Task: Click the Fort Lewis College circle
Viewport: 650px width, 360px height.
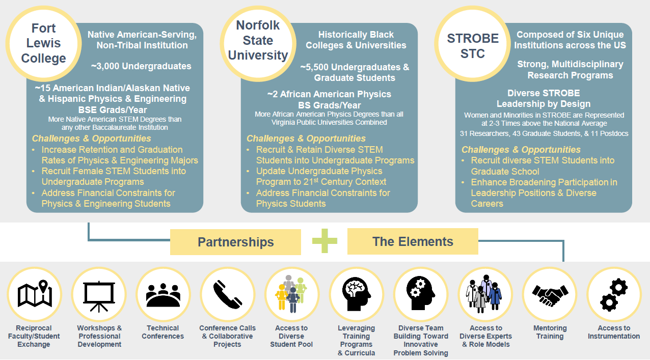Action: click(x=44, y=44)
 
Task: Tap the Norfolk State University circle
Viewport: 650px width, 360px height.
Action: click(x=258, y=41)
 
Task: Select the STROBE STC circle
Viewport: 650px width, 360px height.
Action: click(x=472, y=46)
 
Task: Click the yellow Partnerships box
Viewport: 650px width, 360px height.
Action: click(x=235, y=242)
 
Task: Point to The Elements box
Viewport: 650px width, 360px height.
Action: click(x=413, y=241)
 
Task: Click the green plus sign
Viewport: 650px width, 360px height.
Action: click(x=324, y=241)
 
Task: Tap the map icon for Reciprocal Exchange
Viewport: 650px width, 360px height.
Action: click(x=34, y=294)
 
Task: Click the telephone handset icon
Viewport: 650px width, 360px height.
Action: click(x=228, y=294)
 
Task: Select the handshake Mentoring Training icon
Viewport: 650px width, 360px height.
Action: click(x=550, y=294)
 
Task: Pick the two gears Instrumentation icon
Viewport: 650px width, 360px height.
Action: click(x=614, y=294)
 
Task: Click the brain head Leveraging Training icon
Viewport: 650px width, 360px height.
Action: click(x=357, y=294)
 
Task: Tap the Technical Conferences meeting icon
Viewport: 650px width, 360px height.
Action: click(x=163, y=294)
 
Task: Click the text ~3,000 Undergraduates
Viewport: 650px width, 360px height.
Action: click(x=142, y=66)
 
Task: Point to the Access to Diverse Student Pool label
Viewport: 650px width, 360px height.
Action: click(x=291, y=336)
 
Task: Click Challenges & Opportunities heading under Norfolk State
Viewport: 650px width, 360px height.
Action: click(x=306, y=139)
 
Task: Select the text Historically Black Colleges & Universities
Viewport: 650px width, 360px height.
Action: click(x=356, y=40)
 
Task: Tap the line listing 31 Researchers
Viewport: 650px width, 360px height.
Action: click(x=544, y=133)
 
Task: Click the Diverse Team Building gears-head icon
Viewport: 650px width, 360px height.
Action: click(x=421, y=294)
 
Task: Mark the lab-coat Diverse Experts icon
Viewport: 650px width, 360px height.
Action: click(x=485, y=294)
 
